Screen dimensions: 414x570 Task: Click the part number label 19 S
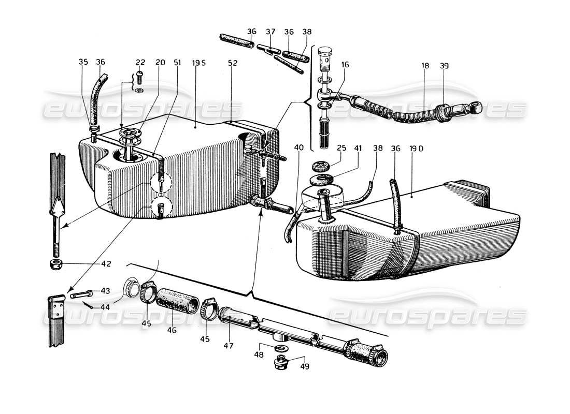pyautogui.click(x=199, y=63)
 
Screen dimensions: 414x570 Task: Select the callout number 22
pyautogui.click(x=140, y=63)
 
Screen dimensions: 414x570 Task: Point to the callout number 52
pyautogui.click(x=233, y=63)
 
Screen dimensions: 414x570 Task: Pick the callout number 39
pyautogui.click(x=444, y=66)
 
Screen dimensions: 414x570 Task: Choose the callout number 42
pyautogui.click(x=106, y=263)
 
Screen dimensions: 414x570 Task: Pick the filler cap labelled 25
pyautogui.click(x=323, y=168)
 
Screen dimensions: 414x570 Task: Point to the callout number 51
pyautogui.click(x=178, y=63)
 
